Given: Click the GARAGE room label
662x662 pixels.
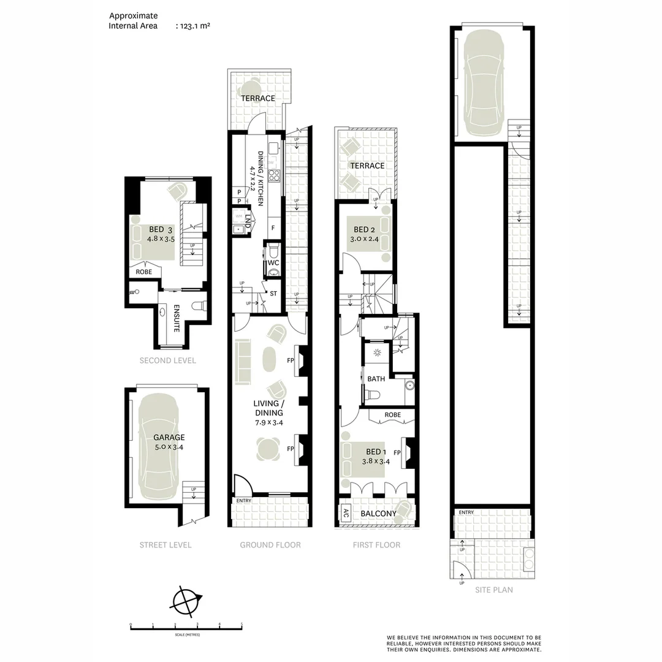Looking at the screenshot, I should click(169, 438).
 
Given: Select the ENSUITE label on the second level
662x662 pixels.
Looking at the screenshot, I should click(176, 318).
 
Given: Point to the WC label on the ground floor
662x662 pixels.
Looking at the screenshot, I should click(273, 264).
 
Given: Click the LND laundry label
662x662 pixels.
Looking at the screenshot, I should click(248, 223).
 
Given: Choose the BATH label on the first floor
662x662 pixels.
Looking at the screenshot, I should click(376, 379).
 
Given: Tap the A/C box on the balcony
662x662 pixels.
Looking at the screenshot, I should click(346, 513).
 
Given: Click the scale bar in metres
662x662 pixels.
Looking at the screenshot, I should click(186, 626).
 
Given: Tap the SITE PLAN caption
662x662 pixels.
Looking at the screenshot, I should click(494, 590).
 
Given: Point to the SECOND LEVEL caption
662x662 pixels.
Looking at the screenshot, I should click(167, 360).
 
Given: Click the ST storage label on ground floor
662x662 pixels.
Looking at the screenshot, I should click(273, 294).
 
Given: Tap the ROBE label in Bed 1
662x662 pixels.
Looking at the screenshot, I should click(393, 415).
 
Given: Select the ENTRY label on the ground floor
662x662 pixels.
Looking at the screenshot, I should click(244, 501).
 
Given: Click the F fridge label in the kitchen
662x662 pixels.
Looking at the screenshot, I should click(273, 228).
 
